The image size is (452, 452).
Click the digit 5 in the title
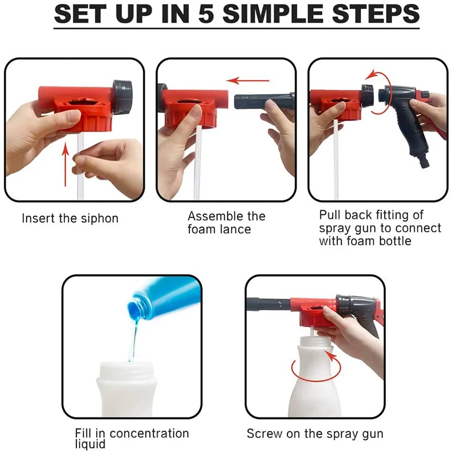click(x=206, y=14)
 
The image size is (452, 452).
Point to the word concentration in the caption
click(x=149, y=433)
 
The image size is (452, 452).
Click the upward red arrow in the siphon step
click(x=66, y=164)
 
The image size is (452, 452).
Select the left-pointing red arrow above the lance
click(x=247, y=80)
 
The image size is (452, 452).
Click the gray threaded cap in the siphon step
click(x=123, y=95)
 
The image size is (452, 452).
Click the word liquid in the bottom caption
click(x=90, y=444)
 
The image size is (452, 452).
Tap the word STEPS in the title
click(x=376, y=14)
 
